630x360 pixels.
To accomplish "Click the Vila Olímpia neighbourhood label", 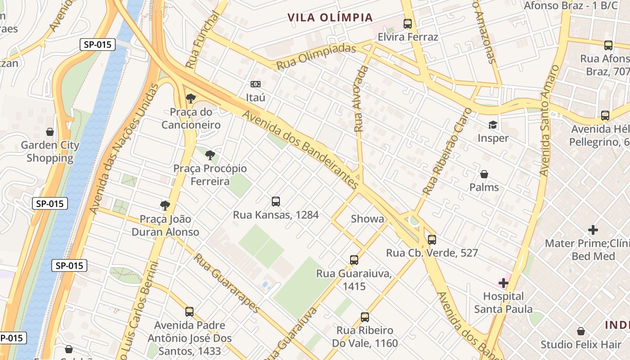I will pyautogui.click(x=330, y=18).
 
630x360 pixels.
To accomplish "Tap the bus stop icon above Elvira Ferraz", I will pyautogui.click(x=408, y=24).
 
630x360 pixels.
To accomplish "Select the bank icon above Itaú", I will pyautogui.click(x=256, y=84).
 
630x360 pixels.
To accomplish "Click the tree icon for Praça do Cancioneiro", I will pyautogui.click(x=191, y=99).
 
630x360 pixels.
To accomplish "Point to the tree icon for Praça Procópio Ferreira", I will pyautogui.click(x=210, y=156).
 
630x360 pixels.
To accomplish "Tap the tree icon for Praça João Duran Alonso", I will pyautogui.click(x=165, y=206).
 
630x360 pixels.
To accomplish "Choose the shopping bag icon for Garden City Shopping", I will pyautogui.click(x=50, y=132).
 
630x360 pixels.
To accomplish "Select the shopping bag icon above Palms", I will pyautogui.click(x=484, y=174).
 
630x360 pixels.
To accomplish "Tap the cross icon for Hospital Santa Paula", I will pyautogui.click(x=503, y=283).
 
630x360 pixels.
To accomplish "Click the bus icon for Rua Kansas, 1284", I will pyautogui.click(x=276, y=202).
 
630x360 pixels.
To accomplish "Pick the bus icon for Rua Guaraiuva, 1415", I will pyautogui.click(x=354, y=260).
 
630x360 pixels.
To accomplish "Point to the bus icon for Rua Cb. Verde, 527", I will pyautogui.click(x=432, y=239).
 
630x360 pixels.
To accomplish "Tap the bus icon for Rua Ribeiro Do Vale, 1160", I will pyautogui.click(x=365, y=317).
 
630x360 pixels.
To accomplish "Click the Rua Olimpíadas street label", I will pyautogui.click(x=316, y=57).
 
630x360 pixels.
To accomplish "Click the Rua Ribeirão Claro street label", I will pyautogui.click(x=442, y=158).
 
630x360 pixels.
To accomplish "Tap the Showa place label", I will pyautogui.click(x=368, y=219).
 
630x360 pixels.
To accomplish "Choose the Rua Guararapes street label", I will pyautogui.click(x=227, y=283).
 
